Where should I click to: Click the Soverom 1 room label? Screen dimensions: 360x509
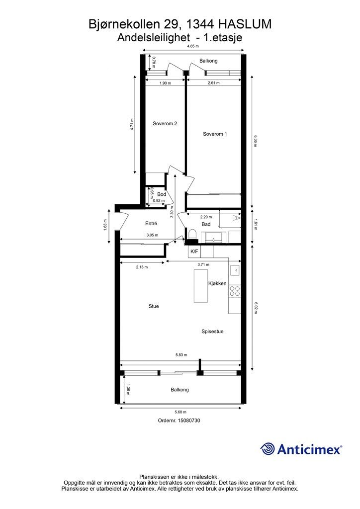(x=215, y=134)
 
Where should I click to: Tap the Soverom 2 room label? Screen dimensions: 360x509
(x=165, y=123)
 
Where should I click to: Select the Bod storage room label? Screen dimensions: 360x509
(x=161, y=194)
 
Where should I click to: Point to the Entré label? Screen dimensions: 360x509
(x=151, y=223)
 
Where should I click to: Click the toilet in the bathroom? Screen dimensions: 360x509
(x=192, y=235)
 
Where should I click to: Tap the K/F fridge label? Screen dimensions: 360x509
(x=194, y=251)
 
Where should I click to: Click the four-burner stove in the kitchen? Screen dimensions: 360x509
(x=235, y=291)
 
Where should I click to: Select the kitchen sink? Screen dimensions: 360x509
(x=235, y=269)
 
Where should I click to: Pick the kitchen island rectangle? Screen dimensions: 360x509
(x=201, y=286)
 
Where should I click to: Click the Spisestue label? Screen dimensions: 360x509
(x=212, y=332)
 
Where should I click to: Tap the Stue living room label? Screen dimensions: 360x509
(x=154, y=306)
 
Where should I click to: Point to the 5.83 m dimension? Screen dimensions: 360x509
(x=181, y=355)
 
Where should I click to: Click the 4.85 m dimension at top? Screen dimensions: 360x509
(x=192, y=46)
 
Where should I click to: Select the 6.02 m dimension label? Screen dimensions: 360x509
(x=256, y=308)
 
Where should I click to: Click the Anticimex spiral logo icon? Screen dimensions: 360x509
(x=268, y=449)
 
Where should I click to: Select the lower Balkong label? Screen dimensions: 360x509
(x=180, y=390)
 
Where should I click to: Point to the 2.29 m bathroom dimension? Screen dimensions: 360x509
(x=206, y=217)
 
